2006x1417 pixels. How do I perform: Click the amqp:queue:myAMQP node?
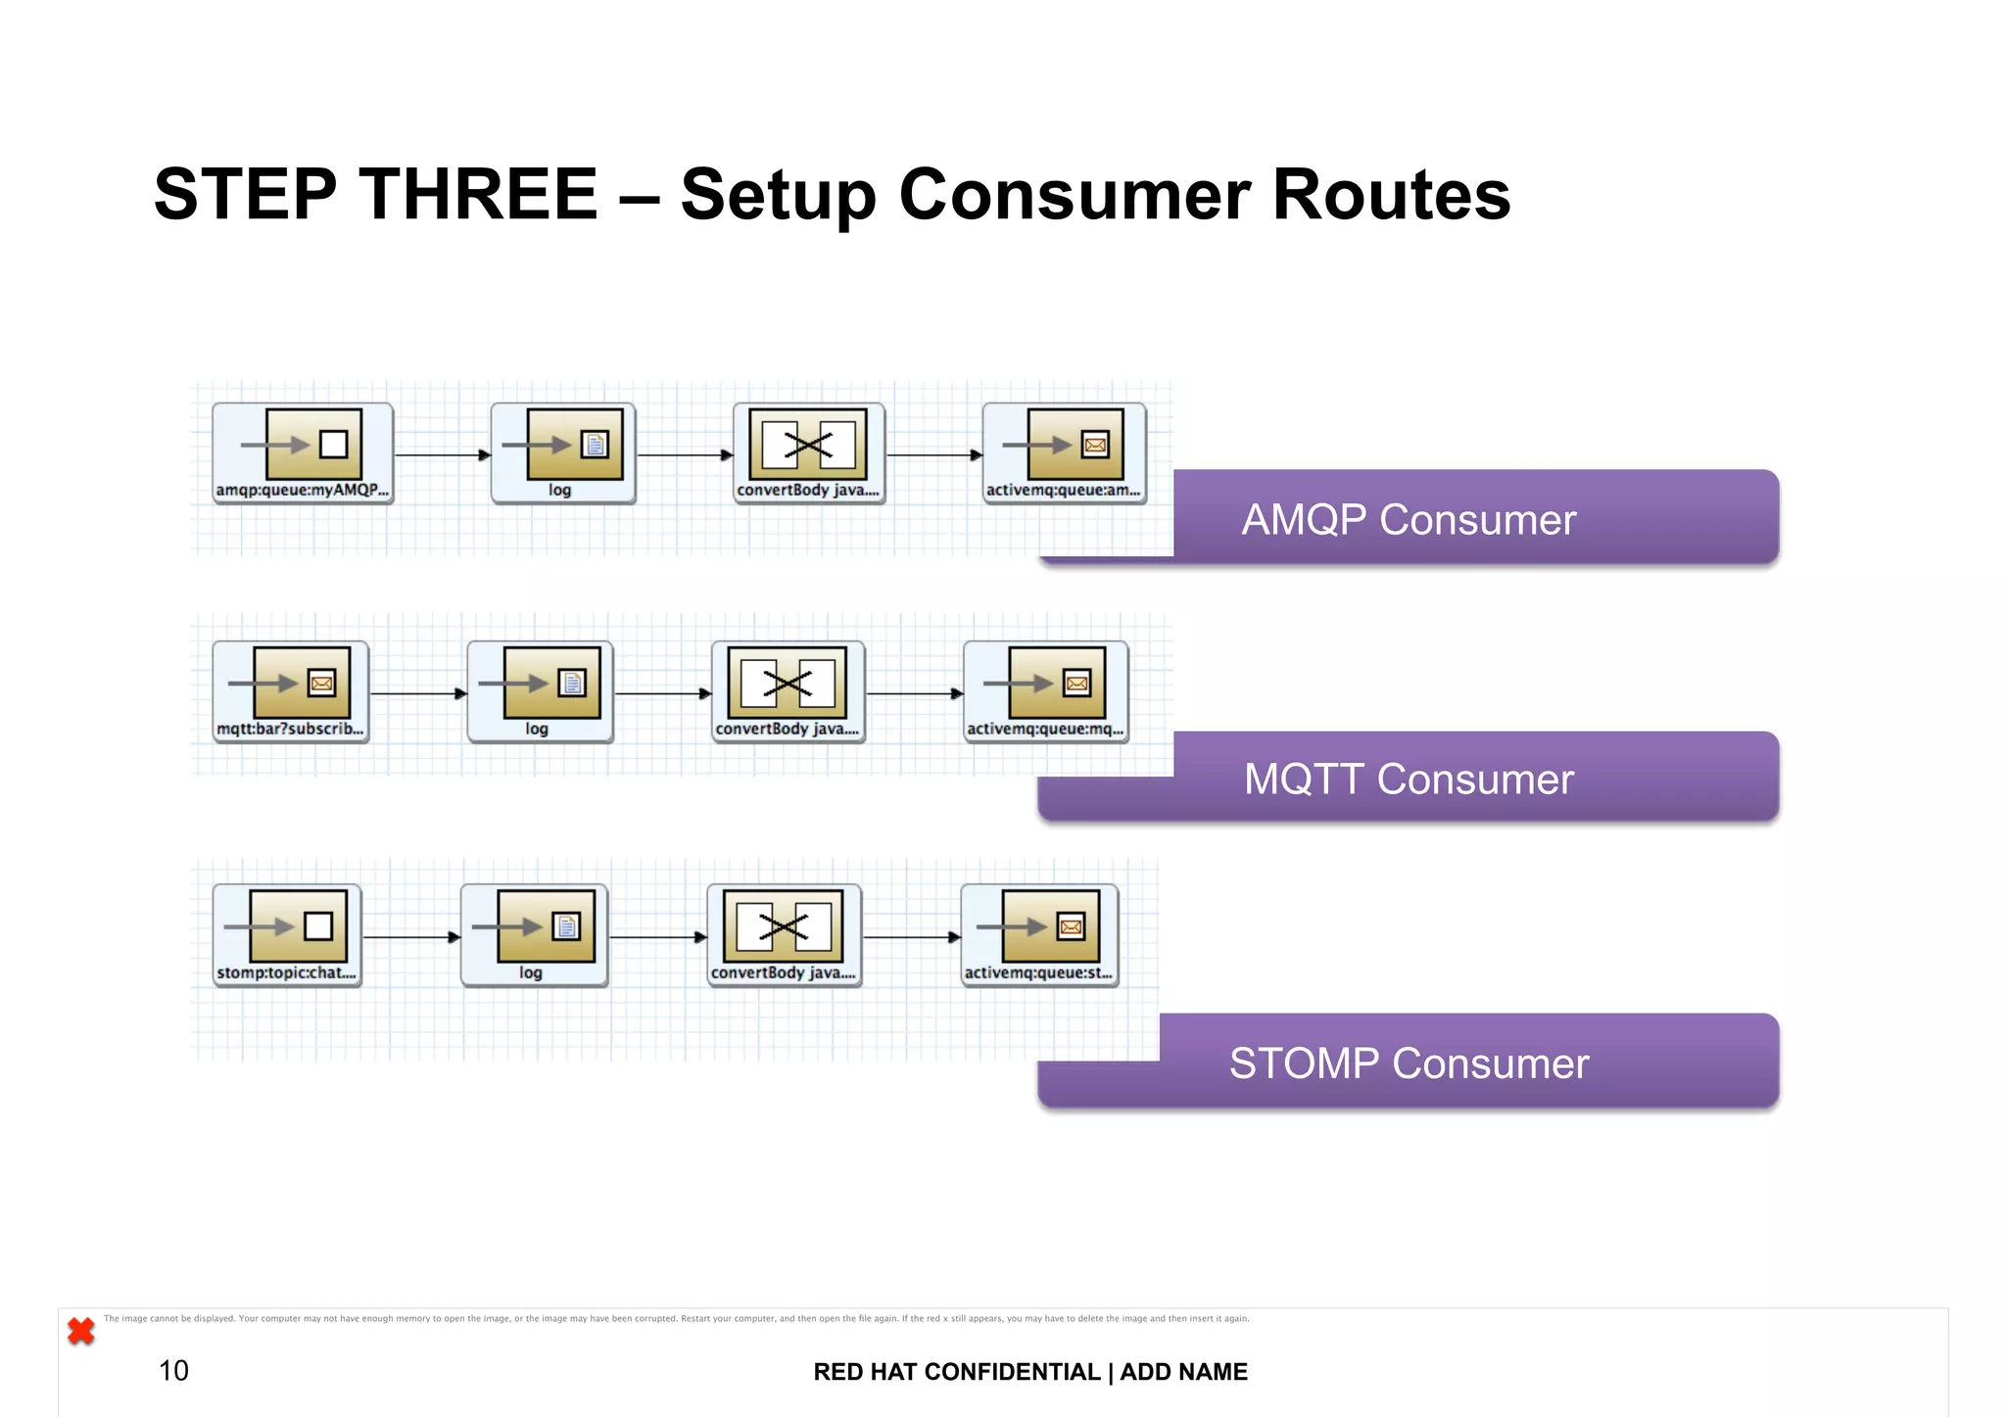(303, 453)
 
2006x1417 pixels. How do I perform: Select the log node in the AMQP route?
(563, 453)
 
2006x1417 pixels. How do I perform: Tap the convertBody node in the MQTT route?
(788, 691)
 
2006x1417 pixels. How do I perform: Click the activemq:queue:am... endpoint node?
(1064, 453)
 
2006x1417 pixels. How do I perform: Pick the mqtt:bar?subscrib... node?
(291, 691)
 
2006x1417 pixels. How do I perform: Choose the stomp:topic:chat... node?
(287, 935)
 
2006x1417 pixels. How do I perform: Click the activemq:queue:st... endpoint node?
(1039, 935)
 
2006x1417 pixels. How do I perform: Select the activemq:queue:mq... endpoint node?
(1046, 691)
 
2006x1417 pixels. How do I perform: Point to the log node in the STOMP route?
(534, 935)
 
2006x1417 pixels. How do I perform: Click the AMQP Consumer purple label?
(1409, 519)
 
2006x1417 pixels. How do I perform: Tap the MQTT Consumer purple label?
(1409, 779)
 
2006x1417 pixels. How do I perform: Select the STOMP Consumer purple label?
(1409, 1063)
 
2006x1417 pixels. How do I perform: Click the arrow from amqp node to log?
(442, 454)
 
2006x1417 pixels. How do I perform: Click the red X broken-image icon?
(81, 1331)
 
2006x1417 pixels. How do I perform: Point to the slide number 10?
(173, 1370)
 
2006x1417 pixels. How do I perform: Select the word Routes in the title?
(1391, 194)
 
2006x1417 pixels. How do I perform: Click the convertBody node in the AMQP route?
(809, 453)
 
